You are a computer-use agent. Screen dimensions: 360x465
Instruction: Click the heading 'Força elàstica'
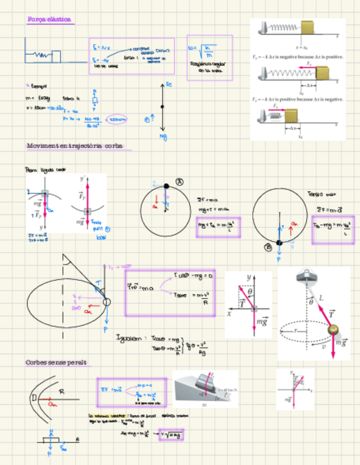pos(49,20)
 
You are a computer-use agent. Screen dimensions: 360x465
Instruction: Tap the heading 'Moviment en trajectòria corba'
pos(76,146)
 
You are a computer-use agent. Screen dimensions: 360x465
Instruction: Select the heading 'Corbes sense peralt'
pos(57,362)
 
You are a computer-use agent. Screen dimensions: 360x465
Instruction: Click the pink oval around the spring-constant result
pos(117,118)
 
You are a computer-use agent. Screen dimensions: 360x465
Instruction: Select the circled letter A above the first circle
pos(178,182)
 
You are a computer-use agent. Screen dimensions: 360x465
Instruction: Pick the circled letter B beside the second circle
pos(268,247)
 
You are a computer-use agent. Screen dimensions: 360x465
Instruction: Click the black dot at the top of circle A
pos(167,186)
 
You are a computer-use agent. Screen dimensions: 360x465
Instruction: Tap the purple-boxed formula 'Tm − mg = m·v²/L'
pos(333,228)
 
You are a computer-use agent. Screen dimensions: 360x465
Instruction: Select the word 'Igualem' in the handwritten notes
pos(130,338)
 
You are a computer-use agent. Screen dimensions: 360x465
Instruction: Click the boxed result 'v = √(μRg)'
pos(171,435)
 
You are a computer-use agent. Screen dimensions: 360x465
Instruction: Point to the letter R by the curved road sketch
pos(62,392)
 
